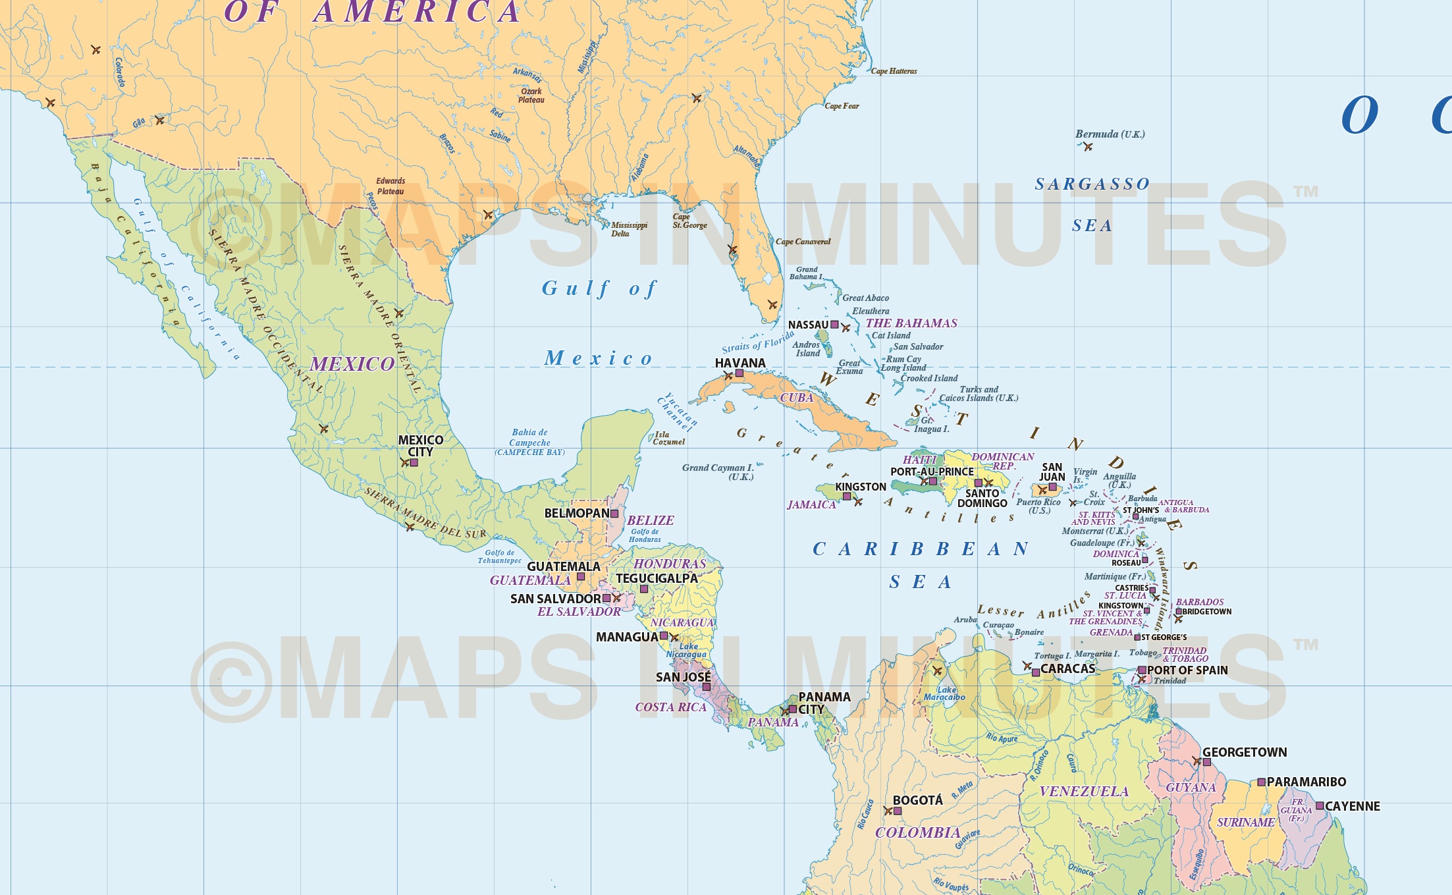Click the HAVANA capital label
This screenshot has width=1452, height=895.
(740, 363)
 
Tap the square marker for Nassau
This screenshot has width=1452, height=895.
(834, 325)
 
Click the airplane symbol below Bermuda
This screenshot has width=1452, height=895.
(1088, 147)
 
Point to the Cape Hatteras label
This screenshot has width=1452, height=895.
(894, 71)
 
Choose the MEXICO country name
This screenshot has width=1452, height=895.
(352, 364)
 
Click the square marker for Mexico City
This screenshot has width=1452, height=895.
(414, 463)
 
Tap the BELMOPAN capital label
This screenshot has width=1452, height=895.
(577, 513)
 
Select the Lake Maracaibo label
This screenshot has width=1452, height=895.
(944, 693)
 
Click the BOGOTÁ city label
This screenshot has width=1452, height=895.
(917, 800)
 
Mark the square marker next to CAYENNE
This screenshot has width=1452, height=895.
(1320, 805)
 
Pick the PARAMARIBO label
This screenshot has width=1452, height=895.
(1306, 782)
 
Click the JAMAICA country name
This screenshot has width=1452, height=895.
(811, 504)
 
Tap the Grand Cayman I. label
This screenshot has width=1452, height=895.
(718, 472)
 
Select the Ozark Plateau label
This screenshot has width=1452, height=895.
(531, 95)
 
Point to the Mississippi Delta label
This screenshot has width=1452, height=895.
(629, 229)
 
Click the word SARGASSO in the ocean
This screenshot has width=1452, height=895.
(1092, 184)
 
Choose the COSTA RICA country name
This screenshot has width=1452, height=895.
(670, 707)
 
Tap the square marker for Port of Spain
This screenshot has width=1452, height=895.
(1142, 670)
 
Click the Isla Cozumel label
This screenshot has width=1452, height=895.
(668, 438)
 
